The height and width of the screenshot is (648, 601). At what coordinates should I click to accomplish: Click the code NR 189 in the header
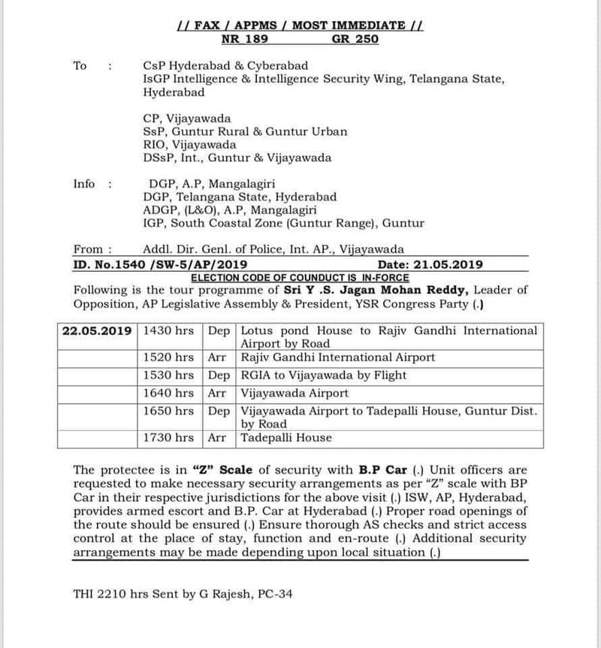(246, 39)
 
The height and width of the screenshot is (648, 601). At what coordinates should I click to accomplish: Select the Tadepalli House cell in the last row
(285, 438)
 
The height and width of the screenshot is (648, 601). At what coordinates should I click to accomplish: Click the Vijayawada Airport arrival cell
(294, 392)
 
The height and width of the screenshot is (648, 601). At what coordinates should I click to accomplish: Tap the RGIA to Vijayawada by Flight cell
(324, 375)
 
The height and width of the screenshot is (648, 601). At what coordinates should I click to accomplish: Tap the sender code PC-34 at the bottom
(273, 594)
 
